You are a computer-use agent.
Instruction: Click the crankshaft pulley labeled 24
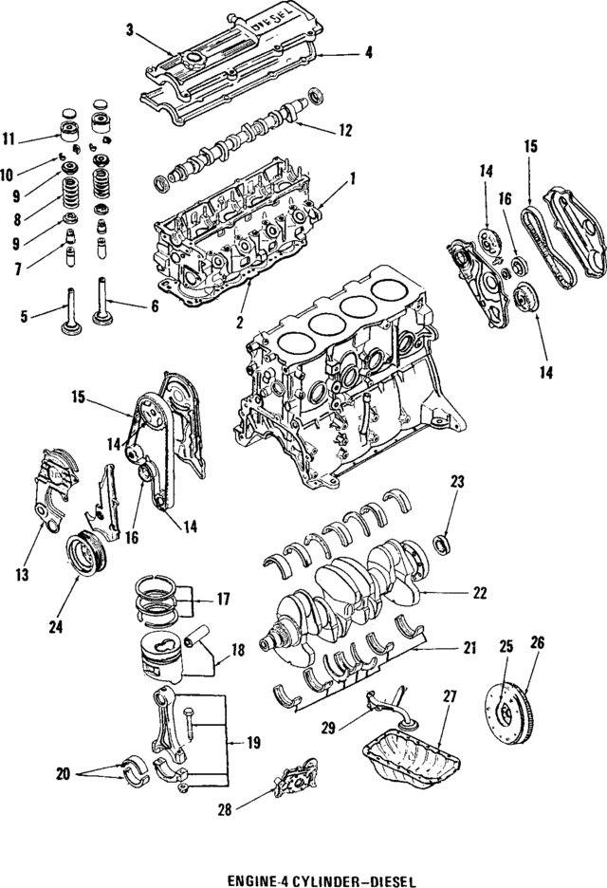pos(87,556)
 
